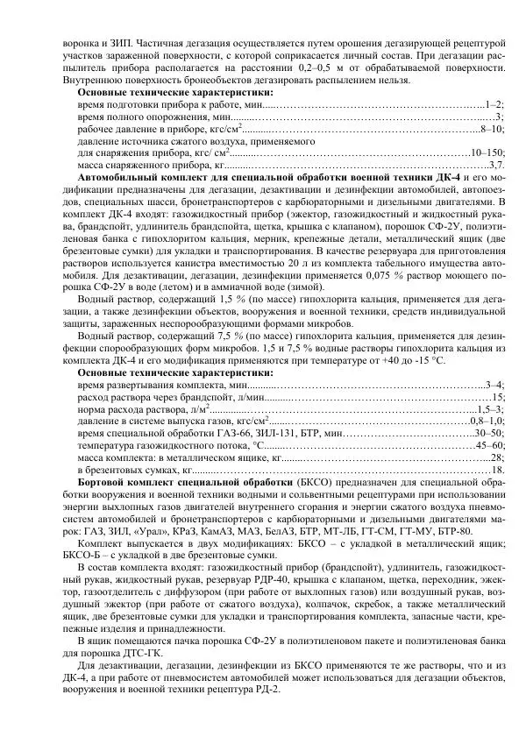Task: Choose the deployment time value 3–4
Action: (494, 384)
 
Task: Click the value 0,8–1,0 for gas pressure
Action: (487, 421)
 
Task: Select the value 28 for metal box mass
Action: (498, 457)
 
